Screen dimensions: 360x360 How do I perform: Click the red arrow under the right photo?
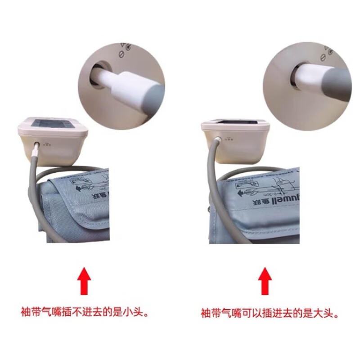[x=265, y=281]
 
